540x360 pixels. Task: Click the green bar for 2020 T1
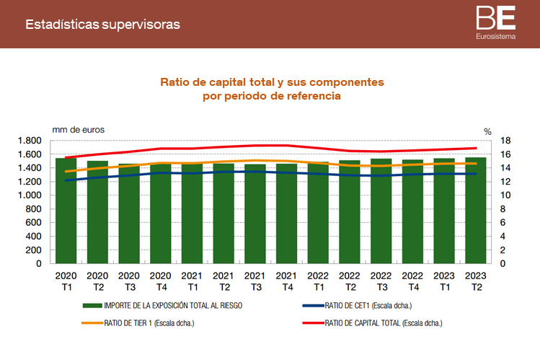tap(66, 213)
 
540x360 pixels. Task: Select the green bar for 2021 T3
tap(254, 216)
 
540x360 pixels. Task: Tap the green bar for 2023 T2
tap(475, 213)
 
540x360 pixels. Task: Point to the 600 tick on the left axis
tap(34, 223)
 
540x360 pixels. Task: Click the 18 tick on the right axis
tap(505, 141)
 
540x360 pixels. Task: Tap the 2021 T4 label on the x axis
tap(286, 282)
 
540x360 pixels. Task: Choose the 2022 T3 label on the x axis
tap(381, 282)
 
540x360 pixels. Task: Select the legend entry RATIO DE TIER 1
tap(149, 322)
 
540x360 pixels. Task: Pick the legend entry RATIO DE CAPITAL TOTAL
tap(378, 322)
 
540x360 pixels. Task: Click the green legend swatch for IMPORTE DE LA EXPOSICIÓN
tap(92, 305)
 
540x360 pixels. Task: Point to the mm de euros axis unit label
tap(78, 129)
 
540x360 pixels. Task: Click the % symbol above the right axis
tap(487, 131)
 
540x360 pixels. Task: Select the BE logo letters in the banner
tap(495, 17)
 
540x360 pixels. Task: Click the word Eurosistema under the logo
tap(495, 36)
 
